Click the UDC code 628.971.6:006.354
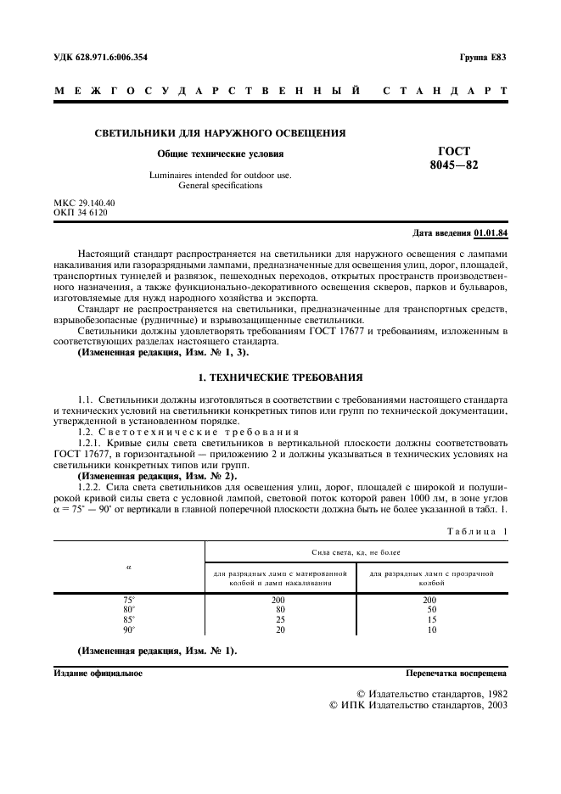pos(107,58)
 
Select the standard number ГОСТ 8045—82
pos(454,159)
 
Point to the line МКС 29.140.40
pos(84,204)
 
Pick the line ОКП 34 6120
pos(81,214)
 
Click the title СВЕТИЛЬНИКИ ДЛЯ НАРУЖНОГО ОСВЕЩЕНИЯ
pos(219,134)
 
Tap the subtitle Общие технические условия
pos(220,154)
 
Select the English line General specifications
pos(220,185)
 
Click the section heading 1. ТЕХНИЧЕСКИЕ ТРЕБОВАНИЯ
pos(280,376)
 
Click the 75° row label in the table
pos(129,601)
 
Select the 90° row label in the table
pos(129,630)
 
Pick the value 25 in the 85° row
pos(279,620)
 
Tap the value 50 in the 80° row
pos(430,610)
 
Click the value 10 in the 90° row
pos(430,630)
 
